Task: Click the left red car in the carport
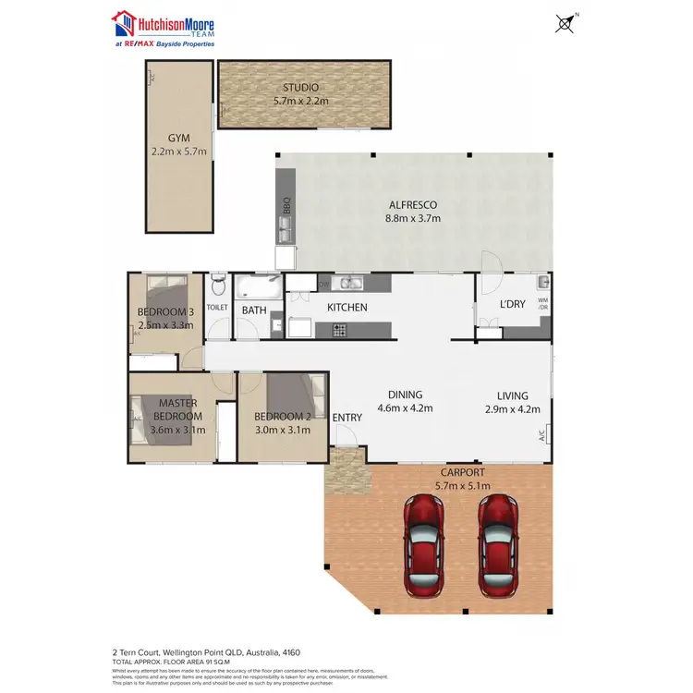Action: (425, 535)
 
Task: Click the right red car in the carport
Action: (497, 535)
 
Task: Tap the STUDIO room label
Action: (301, 88)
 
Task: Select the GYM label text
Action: (179, 139)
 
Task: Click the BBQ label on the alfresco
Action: (287, 205)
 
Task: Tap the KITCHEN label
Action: (347, 308)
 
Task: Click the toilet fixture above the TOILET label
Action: (217, 280)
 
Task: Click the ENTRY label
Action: (347, 418)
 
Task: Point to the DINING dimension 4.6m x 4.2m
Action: (406, 407)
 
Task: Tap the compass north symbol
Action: (564, 22)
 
